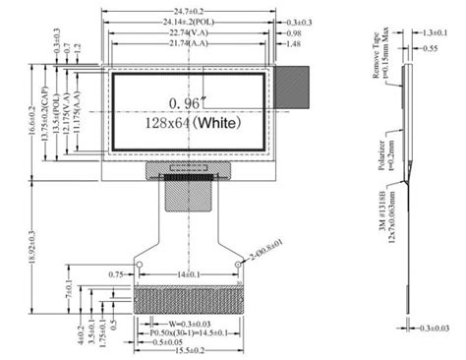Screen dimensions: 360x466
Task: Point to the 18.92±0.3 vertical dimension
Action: click(33, 244)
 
